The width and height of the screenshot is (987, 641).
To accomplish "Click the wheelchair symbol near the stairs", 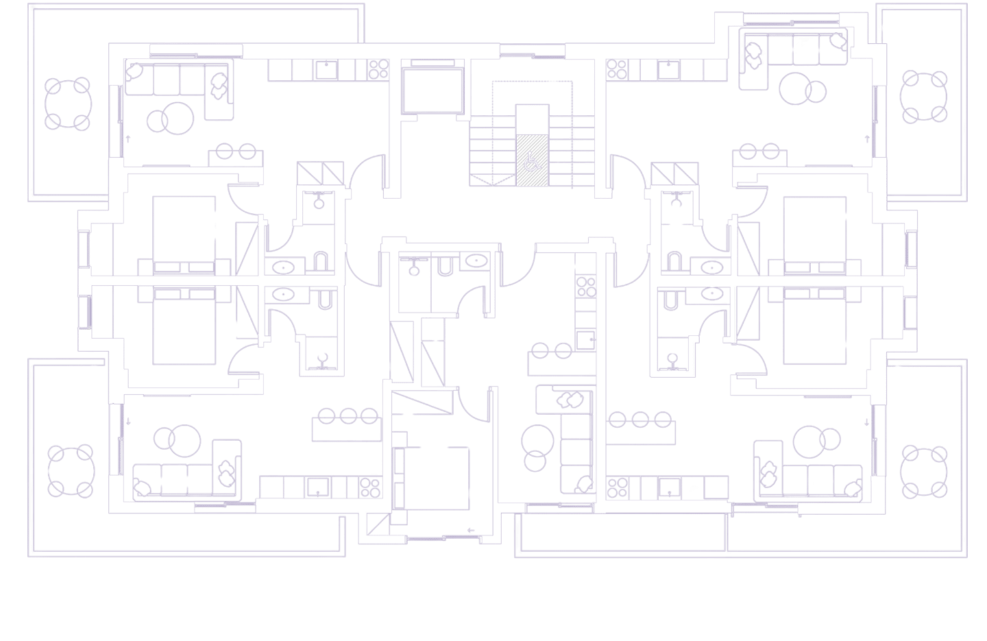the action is pos(532,163).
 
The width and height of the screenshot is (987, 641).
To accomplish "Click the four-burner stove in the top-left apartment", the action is pos(378,70).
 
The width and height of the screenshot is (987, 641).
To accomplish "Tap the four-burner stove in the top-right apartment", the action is pos(616,70).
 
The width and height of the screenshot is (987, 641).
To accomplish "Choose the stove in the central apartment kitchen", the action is pos(586,287).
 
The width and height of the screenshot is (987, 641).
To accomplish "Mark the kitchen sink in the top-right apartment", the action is pos(666,70).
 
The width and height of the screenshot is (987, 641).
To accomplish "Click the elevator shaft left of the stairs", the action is pos(434,90).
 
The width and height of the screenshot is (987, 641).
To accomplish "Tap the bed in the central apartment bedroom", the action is pos(435,477).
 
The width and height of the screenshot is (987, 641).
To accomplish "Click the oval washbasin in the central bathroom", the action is pos(474,261).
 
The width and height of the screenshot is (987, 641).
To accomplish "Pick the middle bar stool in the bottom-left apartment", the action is pos(348,415).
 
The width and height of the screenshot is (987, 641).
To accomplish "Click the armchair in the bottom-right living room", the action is pos(768,469).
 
